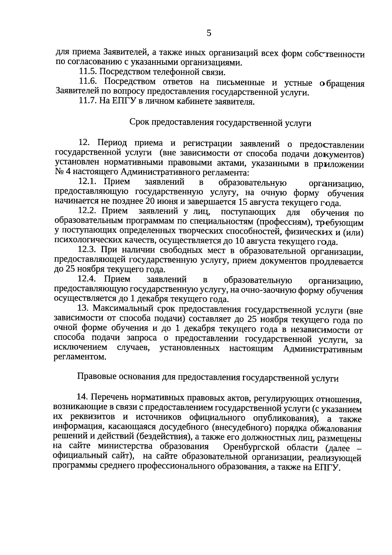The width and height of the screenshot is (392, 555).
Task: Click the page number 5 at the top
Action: tap(209, 33)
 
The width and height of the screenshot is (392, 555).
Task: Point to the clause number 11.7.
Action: tap(87, 101)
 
